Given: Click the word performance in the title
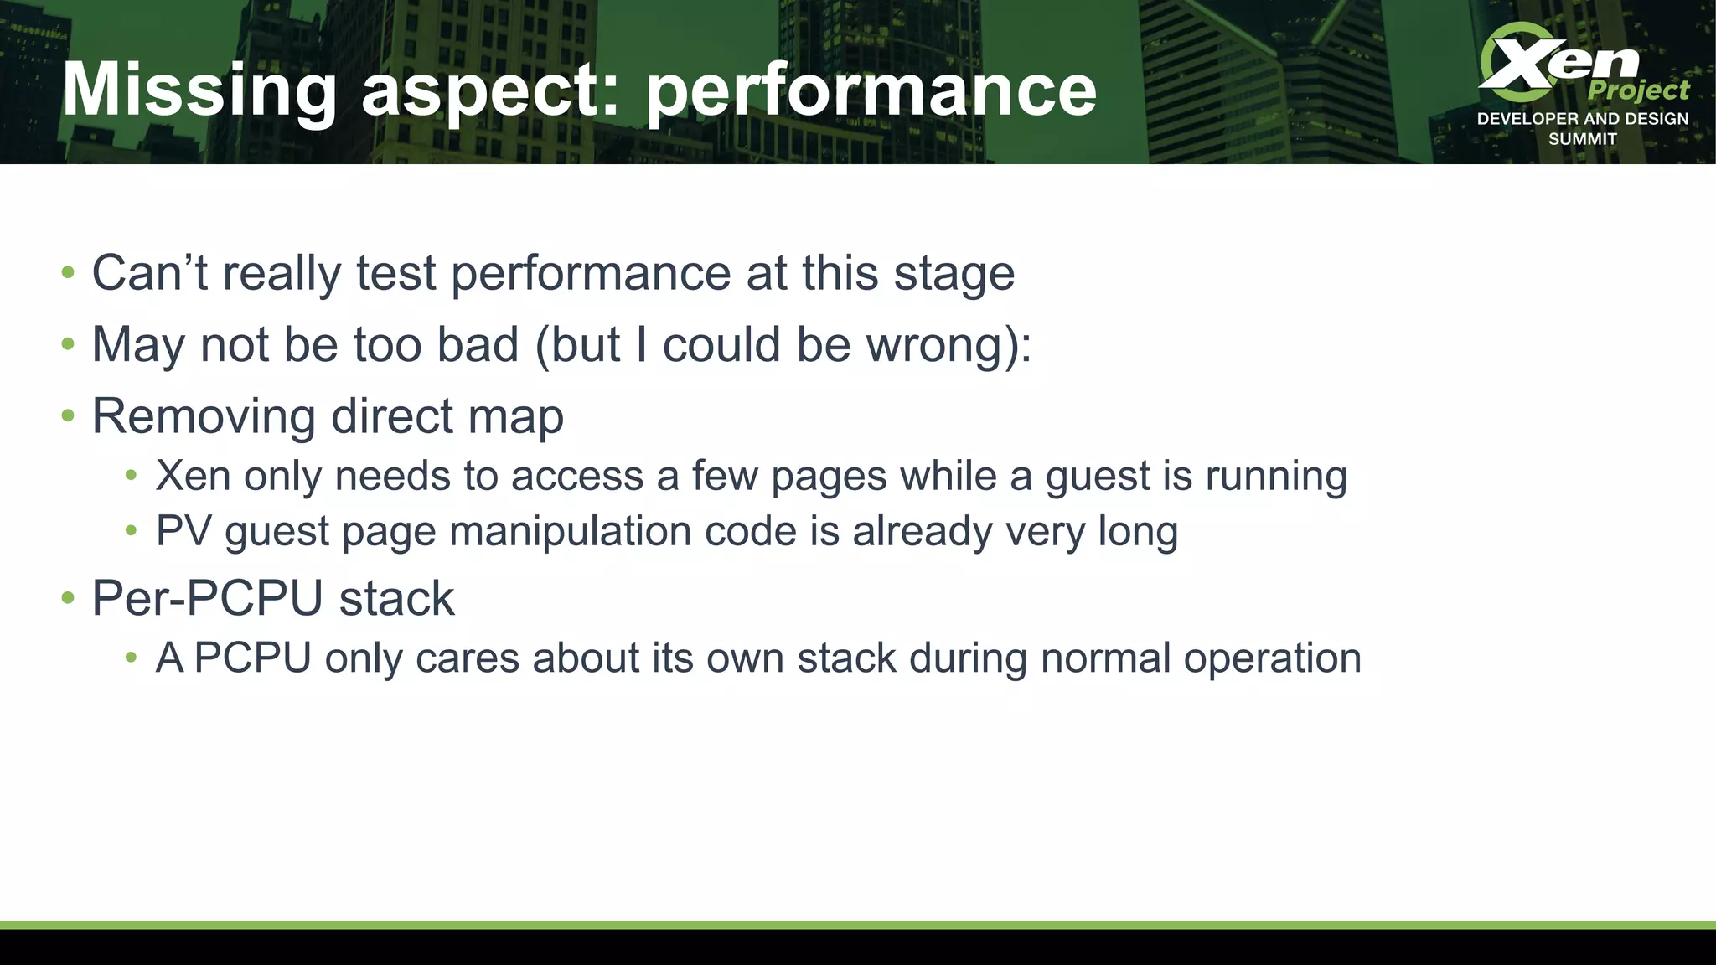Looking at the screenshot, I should (x=871, y=90).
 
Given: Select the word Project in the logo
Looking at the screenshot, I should (x=1638, y=90).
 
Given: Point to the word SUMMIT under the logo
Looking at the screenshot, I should (x=1582, y=139).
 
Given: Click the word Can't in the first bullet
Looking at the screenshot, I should (x=149, y=273).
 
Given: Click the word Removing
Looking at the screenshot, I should (x=204, y=416).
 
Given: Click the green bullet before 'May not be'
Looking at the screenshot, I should (x=69, y=344).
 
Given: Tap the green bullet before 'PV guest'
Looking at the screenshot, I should (x=131, y=530).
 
